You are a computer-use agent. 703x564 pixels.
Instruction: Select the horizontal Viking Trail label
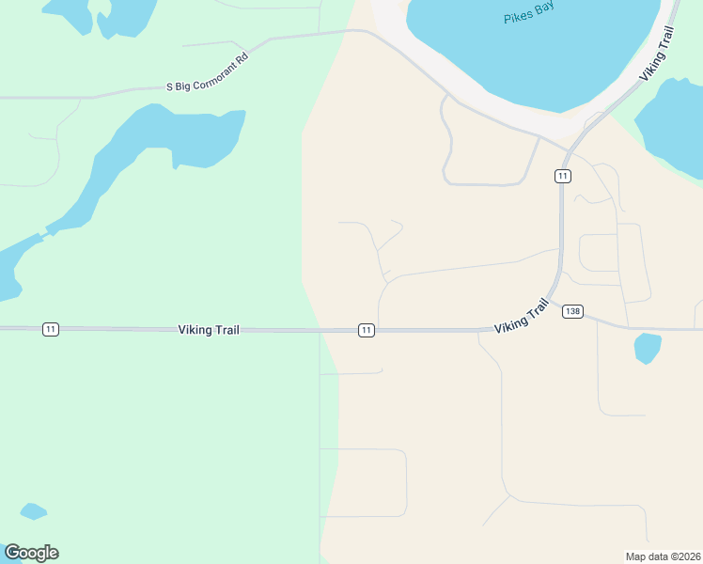(x=209, y=330)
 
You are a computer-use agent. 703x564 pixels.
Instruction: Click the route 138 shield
(x=572, y=312)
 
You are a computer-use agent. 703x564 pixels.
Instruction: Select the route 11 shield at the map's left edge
(x=51, y=329)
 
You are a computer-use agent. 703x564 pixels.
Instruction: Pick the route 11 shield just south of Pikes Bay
(x=562, y=177)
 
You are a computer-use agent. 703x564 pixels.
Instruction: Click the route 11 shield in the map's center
(x=367, y=330)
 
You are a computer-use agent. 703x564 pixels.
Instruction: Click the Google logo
(x=31, y=553)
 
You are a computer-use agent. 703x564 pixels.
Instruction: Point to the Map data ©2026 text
(x=662, y=556)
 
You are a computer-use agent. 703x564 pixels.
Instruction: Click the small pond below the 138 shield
(x=647, y=347)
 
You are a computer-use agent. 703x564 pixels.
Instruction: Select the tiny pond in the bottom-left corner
(x=33, y=511)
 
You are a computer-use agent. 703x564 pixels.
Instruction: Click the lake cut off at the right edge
(x=672, y=127)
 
